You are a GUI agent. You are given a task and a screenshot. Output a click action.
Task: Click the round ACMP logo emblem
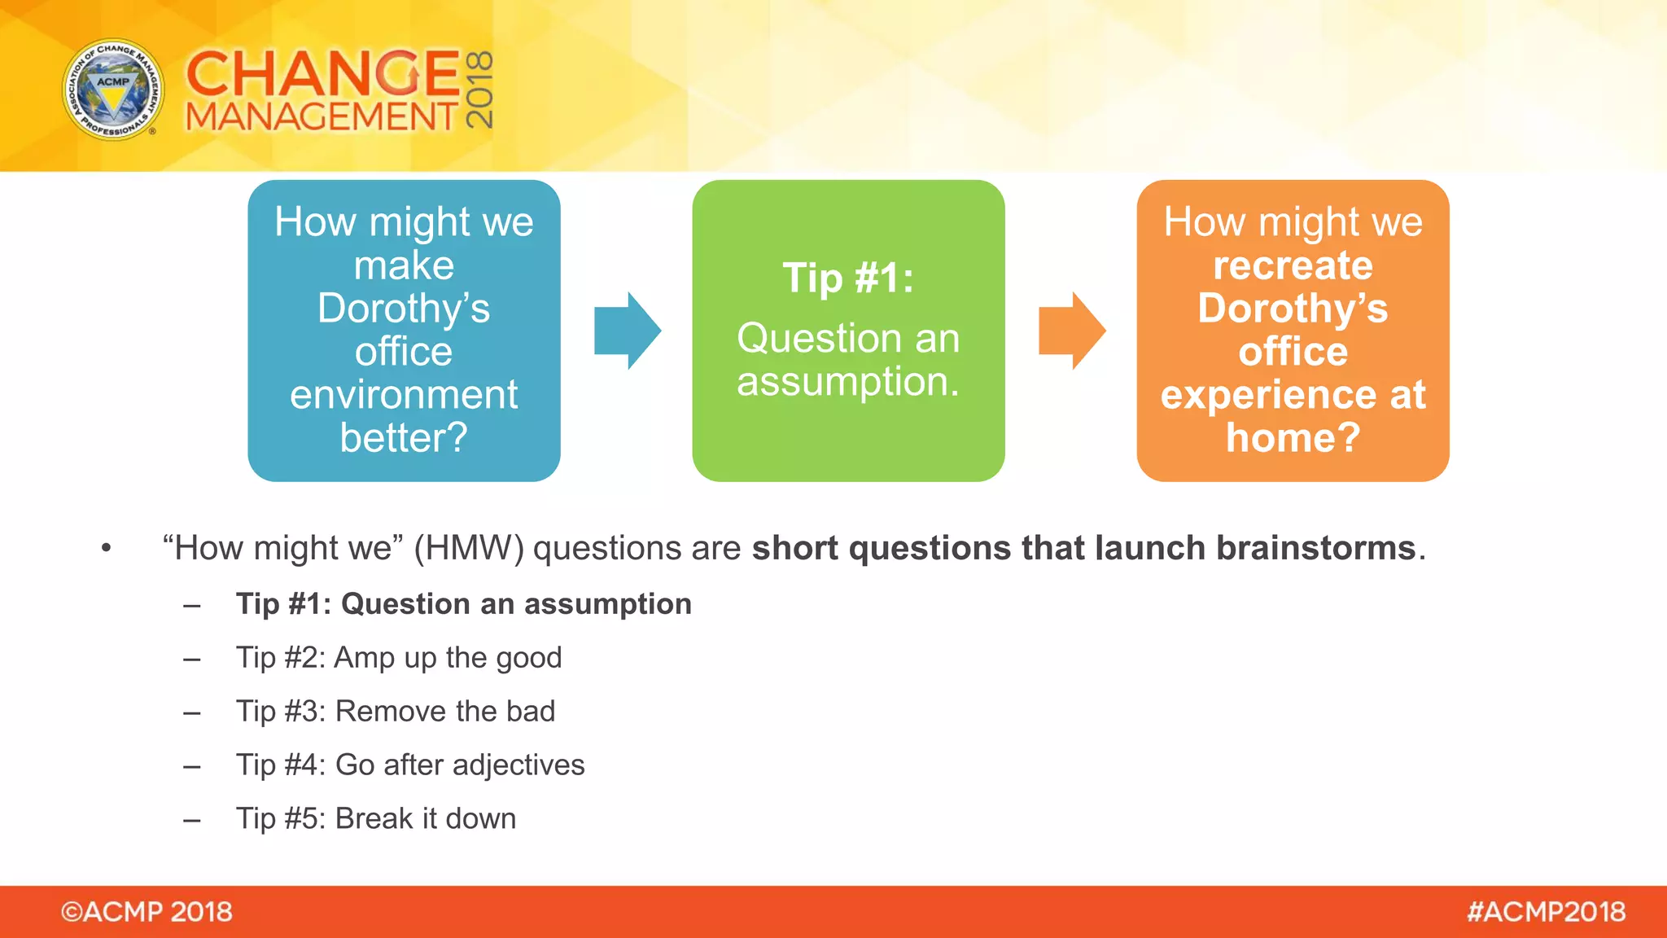pyautogui.click(x=113, y=90)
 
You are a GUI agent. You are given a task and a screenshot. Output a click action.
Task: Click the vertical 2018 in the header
pyautogui.click(x=480, y=90)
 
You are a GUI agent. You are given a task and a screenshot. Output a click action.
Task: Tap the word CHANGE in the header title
pyautogui.click(x=323, y=73)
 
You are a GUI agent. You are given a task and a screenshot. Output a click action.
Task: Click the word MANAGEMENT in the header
pyautogui.click(x=322, y=116)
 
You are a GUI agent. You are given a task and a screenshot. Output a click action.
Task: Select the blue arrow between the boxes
pyautogui.click(x=627, y=331)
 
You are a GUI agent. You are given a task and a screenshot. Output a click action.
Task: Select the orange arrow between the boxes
pyautogui.click(x=1071, y=331)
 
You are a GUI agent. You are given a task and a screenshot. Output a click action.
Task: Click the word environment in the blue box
pyautogui.click(x=404, y=395)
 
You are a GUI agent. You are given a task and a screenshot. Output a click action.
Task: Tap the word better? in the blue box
pyautogui.click(x=404, y=438)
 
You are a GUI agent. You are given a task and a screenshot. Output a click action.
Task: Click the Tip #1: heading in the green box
pyautogui.click(x=848, y=278)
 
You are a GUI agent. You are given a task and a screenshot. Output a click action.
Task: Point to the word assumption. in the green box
pyautogui.click(x=848, y=381)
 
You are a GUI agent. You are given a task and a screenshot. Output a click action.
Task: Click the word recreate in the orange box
pyautogui.click(x=1293, y=265)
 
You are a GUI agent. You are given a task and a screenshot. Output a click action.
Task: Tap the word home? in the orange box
pyautogui.click(x=1293, y=438)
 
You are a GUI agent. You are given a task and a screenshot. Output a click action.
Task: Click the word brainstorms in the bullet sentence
pyautogui.click(x=1315, y=548)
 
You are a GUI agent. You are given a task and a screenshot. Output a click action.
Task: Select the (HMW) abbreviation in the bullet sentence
pyautogui.click(x=469, y=548)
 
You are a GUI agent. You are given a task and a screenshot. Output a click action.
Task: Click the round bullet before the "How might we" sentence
pyautogui.click(x=106, y=548)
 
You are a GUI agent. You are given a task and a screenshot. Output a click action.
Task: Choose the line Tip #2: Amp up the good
pyautogui.click(x=399, y=657)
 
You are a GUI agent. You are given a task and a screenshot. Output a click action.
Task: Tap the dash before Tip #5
pyautogui.click(x=192, y=820)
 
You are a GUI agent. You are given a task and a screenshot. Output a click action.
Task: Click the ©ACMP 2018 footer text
pyautogui.click(x=147, y=911)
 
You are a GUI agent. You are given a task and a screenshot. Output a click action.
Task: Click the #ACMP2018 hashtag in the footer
pyautogui.click(x=1546, y=911)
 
